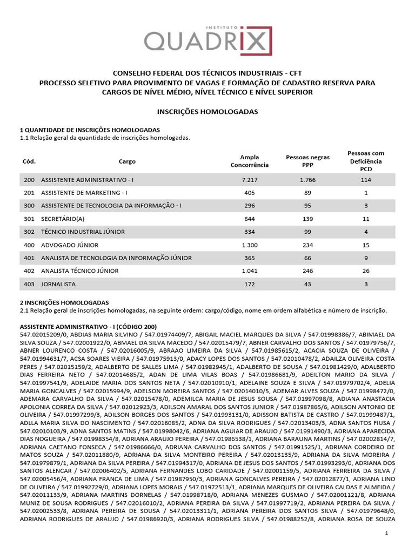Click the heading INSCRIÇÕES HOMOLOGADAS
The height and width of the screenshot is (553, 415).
[x=207, y=111]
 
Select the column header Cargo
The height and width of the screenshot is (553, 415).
[x=128, y=161]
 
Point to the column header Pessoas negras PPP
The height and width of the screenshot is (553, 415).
[x=307, y=161]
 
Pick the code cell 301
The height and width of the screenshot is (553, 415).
[x=29, y=219]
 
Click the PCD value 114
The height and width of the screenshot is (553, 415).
[x=366, y=180]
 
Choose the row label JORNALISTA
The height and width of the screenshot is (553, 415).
[x=58, y=284]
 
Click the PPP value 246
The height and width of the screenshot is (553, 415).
[x=307, y=271]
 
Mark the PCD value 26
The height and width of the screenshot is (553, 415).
[x=366, y=271]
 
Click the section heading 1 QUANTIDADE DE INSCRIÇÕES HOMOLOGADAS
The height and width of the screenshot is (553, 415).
[x=90, y=130]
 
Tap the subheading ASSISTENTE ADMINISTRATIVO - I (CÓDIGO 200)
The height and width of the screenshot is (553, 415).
[x=88, y=327]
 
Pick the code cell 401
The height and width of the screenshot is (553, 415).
[x=29, y=258]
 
